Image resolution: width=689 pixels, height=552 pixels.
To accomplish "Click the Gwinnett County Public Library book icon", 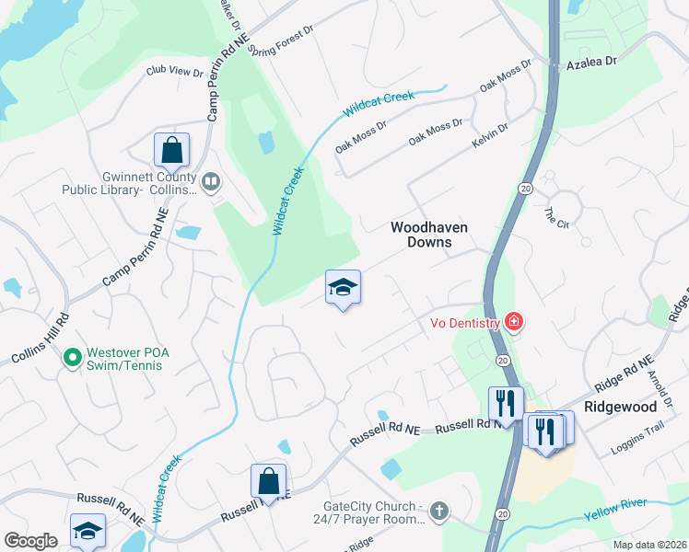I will pyautogui.click(x=211, y=181).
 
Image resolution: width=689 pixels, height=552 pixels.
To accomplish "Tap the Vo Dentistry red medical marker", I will pyautogui.click(x=513, y=322).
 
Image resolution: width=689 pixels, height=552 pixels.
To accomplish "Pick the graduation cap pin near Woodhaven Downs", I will pyautogui.click(x=343, y=288).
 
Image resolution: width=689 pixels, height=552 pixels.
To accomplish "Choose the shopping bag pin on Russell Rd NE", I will pyautogui.click(x=268, y=481).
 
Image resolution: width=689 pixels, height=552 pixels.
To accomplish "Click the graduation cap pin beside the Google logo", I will pyautogui.click(x=88, y=531).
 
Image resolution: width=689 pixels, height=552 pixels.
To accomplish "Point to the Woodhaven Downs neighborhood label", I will pyautogui.click(x=428, y=235).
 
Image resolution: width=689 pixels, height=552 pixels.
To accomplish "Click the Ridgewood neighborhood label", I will pyautogui.click(x=620, y=406).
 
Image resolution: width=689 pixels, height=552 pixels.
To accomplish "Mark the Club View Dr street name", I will pyautogui.click(x=174, y=71).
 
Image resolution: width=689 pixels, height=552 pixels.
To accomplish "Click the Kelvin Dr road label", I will pyautogui.click(x=489, y=138).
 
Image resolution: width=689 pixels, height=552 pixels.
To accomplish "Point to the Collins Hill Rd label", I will pyautogui.click(x=40, y=338).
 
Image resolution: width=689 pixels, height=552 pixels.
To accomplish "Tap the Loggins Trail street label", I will pyautogui.click(x=636, y=451).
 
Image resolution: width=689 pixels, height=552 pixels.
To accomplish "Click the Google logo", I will pyautogui.click(x=30, y=541).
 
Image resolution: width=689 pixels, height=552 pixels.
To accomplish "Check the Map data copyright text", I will pyautogui.click(x=649, y=545).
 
